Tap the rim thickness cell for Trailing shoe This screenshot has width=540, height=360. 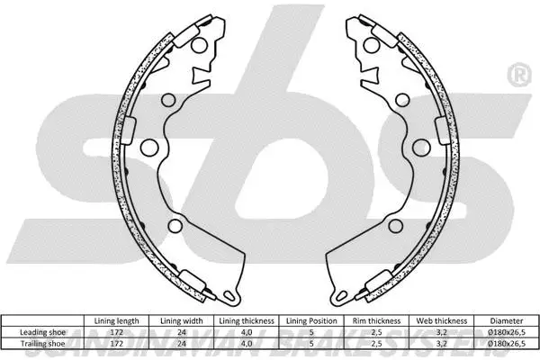375,344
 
